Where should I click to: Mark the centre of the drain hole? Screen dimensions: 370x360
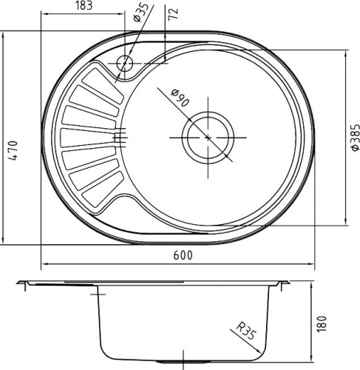[x=209, y=138]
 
